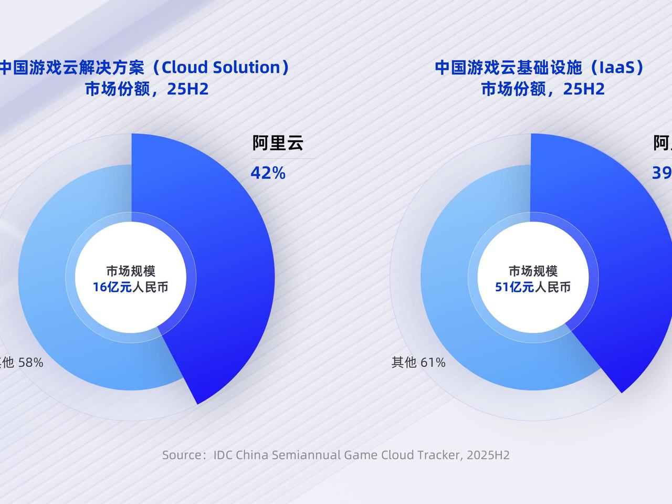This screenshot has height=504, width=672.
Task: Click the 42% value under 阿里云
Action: [x=268, y=173]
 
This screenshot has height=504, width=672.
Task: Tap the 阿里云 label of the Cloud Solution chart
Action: [x=278, y=143]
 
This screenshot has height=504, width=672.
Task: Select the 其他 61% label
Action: [x=418, y=362]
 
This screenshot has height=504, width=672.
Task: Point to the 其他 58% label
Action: [x=21, y=362]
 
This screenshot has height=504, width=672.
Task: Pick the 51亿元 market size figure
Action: [x=514, y=287]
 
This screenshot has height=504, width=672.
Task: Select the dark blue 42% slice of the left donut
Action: [x=231, y=262]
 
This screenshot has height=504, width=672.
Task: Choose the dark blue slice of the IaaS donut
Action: [x=630, y=262]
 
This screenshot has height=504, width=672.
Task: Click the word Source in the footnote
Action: [x=181, y=455]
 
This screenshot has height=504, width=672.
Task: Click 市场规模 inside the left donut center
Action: [x=131, y=271]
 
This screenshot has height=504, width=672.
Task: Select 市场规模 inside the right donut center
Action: [x=533, y=271]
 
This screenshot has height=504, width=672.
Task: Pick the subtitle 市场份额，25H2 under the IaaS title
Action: [x=543, y=89]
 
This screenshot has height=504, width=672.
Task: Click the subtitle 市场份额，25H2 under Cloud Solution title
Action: [x=147, y=89]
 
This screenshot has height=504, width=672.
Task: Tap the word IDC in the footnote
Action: [x=223, y=455]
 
